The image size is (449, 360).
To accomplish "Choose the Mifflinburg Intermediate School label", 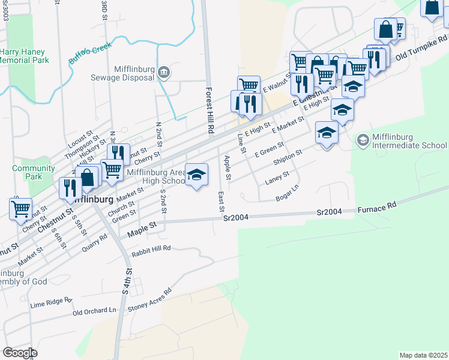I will pyautogui.click(x=409, y=141).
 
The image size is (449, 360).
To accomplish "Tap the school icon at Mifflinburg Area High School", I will pyautogui.click(x=196, y=175).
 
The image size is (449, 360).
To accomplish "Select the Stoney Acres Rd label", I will pyautogui.click(x=149, y=299).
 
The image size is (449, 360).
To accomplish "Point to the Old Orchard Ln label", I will pyautogui.click(x=94, y=311).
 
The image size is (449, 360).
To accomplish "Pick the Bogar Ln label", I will pyautogui.click(x=288, y=194).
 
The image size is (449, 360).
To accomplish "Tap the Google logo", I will pyautogui.click(x=20, y=353).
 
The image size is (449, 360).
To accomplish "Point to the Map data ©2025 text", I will pyautogui.click(x=423, y=355).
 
